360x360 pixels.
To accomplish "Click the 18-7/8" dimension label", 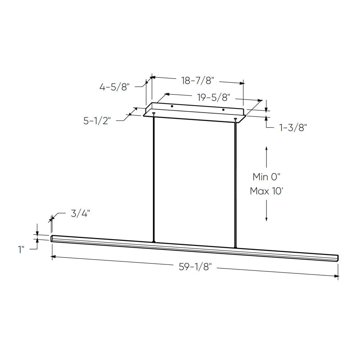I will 198,81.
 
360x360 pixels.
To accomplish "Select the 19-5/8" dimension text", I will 213,98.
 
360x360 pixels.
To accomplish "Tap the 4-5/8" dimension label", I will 114,87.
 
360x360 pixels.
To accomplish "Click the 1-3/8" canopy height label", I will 293,127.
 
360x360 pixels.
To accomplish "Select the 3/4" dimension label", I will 80,213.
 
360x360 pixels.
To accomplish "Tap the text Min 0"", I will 266,177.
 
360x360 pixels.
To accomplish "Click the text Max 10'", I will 266,191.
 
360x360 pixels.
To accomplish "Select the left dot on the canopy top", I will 172,107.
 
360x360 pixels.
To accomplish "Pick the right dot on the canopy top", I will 223,109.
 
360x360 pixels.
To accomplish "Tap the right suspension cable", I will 235,184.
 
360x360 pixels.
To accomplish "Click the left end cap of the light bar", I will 52,238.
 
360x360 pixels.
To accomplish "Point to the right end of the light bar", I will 338,258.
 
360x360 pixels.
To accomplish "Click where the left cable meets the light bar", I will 154,241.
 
